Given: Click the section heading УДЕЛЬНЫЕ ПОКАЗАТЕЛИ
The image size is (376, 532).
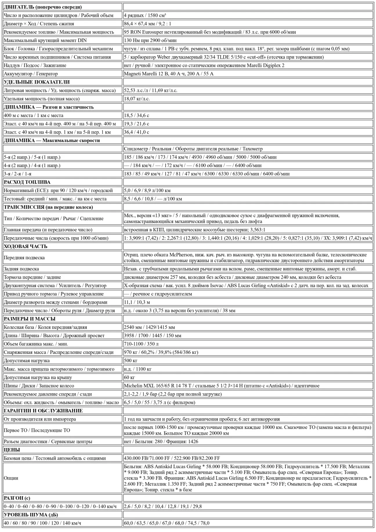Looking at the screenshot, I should click(37, 82).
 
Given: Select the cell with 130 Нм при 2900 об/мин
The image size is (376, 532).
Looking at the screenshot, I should click(150, 40).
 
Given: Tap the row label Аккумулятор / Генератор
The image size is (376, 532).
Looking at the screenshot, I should click(31, 74).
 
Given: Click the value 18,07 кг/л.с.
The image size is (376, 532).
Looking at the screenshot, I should click(137, 99).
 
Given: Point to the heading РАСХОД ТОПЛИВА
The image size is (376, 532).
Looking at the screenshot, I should click(27, 182).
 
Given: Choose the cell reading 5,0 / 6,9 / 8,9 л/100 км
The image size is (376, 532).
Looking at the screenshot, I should click(147, 191).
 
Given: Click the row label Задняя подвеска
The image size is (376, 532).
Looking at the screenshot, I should click(21, 269).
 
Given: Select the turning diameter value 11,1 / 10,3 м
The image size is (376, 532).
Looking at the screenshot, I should click(137, 302).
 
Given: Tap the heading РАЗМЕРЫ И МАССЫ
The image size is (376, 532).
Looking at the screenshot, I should click(30, 319).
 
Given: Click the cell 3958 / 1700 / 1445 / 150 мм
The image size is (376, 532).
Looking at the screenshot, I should click(153, 336).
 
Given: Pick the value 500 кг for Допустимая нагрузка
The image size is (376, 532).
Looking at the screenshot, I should click(131, 361).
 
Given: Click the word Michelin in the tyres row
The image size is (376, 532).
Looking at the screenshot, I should click(133, 386).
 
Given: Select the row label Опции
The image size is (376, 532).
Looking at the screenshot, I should click(11, 478).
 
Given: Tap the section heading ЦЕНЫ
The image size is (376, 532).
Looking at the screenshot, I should click(12, 450).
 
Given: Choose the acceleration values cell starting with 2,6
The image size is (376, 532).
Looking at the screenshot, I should click(163, 506).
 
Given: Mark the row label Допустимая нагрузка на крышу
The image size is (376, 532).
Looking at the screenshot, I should click(38, 378).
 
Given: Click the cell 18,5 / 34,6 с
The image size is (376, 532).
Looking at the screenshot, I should click(136, 116).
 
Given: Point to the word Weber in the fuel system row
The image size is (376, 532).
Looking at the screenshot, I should click(164, 57).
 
